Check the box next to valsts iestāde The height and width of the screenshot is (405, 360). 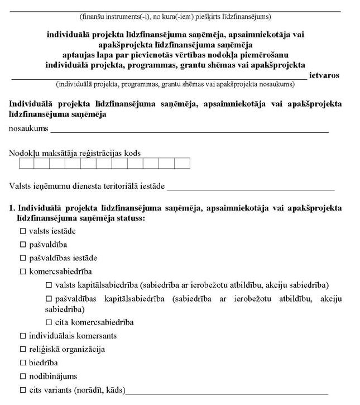[x=23, y=231]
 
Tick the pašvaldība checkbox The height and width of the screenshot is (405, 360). [x=23, y=244]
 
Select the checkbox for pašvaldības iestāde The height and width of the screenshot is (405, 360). [x=23, y=258]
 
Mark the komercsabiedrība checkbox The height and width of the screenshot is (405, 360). [x=23, y=271]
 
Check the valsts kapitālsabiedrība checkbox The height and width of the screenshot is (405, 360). [x=49, y=285]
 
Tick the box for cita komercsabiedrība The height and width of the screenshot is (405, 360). [x=49, y=322]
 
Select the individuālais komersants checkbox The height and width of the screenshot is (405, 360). [x=23, y=336]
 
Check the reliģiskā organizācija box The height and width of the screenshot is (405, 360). [x=23, y=350]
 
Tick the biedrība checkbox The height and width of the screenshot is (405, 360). [x=23, y=363]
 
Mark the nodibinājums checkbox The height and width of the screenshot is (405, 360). [x=23, y=377]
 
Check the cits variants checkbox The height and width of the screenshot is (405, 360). [x=23, y=390]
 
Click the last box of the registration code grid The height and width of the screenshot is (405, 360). [x=183, y=164]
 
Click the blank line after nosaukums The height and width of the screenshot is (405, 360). [x=190, y=130]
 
